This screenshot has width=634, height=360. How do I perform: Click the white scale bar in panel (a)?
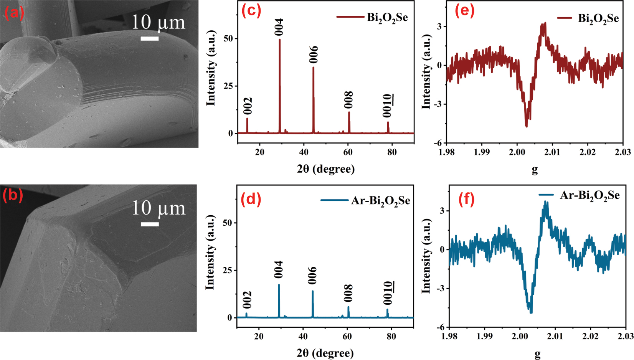tap(149, 38)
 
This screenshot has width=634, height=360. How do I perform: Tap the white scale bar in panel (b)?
tap(150, 224)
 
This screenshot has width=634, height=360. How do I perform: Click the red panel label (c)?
tap(251, 10)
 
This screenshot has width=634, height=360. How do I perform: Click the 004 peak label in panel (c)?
tap(279, 27)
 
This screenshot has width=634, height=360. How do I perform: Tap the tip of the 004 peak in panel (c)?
tap(279, 40)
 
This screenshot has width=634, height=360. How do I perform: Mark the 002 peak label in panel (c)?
tap(248, 106)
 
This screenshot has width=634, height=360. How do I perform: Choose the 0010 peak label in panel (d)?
tap(388, 293)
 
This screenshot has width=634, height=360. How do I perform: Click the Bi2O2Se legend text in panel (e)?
tap(598, 18)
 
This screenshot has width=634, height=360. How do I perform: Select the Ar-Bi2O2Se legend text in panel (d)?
tap(380, 201)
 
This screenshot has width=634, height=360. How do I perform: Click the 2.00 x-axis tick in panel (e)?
tap(517, 152)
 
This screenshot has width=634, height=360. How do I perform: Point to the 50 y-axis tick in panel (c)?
tap(228, 38)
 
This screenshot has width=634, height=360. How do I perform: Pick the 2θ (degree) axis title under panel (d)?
tap(325, 353)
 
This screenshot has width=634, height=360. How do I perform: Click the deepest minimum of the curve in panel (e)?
tap(526, 126)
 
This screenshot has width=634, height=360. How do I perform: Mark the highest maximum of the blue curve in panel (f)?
tap(546, 202)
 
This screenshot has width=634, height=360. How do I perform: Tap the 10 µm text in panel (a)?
tap(158, 23)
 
